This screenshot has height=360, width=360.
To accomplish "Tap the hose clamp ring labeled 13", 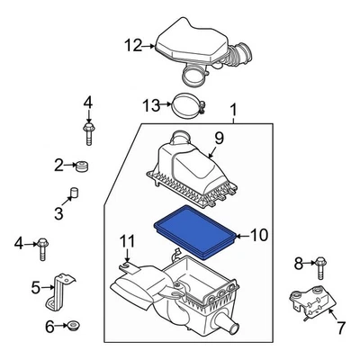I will coord(185,109).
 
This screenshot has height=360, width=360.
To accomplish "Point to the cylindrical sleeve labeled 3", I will coord(76,195).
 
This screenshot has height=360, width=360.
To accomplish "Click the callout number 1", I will coord(235,112).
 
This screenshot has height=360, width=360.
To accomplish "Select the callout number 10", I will coord(259,236).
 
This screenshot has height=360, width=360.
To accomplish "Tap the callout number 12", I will coord(133,45).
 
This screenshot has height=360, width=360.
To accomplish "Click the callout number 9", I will coord(217,138).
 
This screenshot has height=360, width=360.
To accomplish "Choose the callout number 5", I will coord(36,288).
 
